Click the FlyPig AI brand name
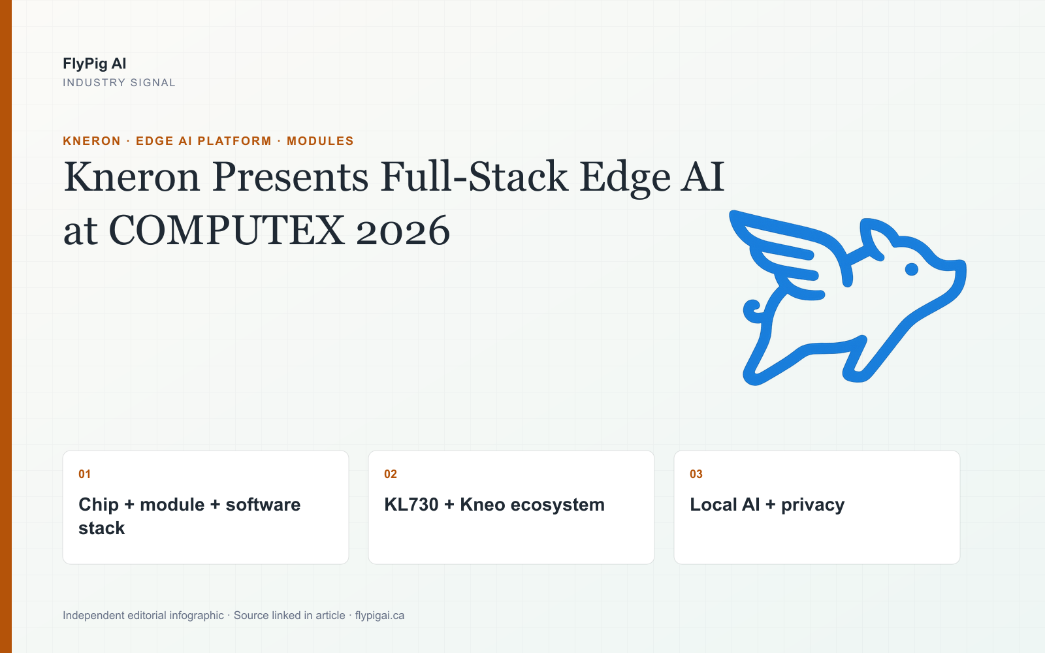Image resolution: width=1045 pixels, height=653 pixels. click(x=94, y=63)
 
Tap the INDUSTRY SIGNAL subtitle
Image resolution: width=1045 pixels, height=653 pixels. click(x=119, y=82)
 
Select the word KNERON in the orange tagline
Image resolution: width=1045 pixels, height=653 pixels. click(x=91, y=141)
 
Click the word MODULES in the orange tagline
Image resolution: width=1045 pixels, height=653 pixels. click(x=320, y=141)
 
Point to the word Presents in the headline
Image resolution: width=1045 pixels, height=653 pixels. click(x=290, y=177)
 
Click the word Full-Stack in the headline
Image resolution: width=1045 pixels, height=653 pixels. click(x=474, y=177)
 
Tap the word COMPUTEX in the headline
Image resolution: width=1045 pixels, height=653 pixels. click(x=227, y=231)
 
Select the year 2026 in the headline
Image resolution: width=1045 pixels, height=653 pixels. click(x=403, y=231)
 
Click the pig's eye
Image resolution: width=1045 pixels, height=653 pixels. click(x=912, y=269)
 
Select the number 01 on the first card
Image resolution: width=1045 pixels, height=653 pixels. click(x=84, y=474)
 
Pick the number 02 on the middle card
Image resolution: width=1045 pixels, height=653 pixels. click(x=391, y=474)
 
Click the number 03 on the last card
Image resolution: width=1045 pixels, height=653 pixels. click(x=696, y=474)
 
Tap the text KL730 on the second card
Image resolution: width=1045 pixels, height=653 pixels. click(x=411, y=505)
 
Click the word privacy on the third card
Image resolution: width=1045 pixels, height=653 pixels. click(x=812, y=505)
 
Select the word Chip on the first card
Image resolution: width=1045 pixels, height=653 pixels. click(x=99, y=505)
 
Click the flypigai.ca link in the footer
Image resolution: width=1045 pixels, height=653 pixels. click(x=379, y=616)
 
